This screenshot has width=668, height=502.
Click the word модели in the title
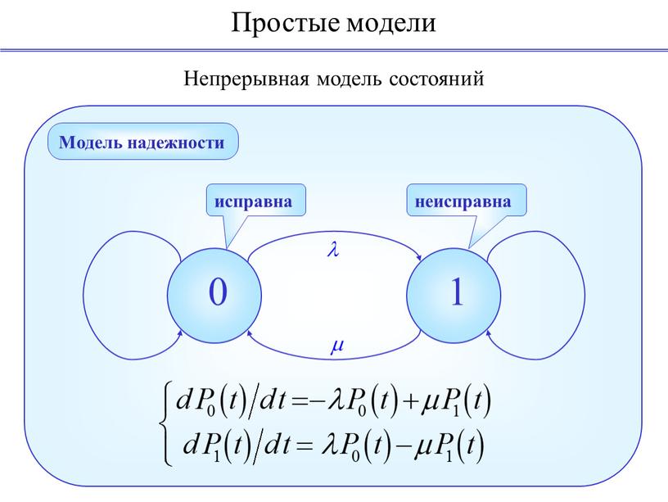[x=391, y=24]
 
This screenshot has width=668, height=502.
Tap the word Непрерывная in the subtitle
[x=246, y=79]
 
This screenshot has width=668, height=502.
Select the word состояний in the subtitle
[x=436, y=79]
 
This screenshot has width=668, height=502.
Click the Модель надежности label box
[x=142, y=142]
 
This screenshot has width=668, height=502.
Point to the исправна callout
[x=256, y=201]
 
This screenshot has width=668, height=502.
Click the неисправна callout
[x=467, y=201]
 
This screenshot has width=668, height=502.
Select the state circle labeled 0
[x=214, y=296]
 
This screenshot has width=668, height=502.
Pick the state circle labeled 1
[x=454, y=296]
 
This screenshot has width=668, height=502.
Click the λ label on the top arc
[x=333, y=249]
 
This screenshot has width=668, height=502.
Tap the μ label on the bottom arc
[x=337, y=346]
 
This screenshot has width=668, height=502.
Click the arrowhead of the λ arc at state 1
[x=419, y=257]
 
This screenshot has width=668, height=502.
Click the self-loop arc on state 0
[x=83, y=296]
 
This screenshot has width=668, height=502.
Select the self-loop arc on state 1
[x=584, y=296]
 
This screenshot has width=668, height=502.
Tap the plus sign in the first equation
[x=410, y=402]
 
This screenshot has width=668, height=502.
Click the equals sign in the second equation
[x=302, y=446]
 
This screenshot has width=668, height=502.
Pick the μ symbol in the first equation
[x=431, y=402]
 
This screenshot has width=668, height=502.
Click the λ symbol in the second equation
[x=328, y=445]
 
